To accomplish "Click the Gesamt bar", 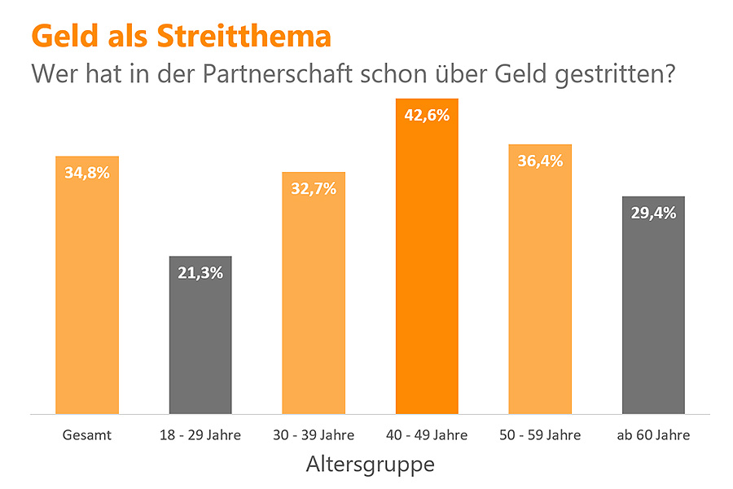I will click(x=86, y=293).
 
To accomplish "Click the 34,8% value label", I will click(x=86, y=173).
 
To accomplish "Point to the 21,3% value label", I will click(x=200, y=273).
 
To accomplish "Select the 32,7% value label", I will click(x=314, y=189).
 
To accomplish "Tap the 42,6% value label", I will click(x=427, y=115).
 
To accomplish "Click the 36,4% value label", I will click(x=540, y=161).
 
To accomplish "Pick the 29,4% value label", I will click(x=653, y=214).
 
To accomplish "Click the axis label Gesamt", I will click(x=86, y=435).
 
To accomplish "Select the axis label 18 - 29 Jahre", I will click(x=200, y=435).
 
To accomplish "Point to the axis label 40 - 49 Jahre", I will click(x=427, y=435).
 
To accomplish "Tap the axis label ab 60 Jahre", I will click(x=653, y=435).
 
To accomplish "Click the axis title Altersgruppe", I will click(x=370, y=465).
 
